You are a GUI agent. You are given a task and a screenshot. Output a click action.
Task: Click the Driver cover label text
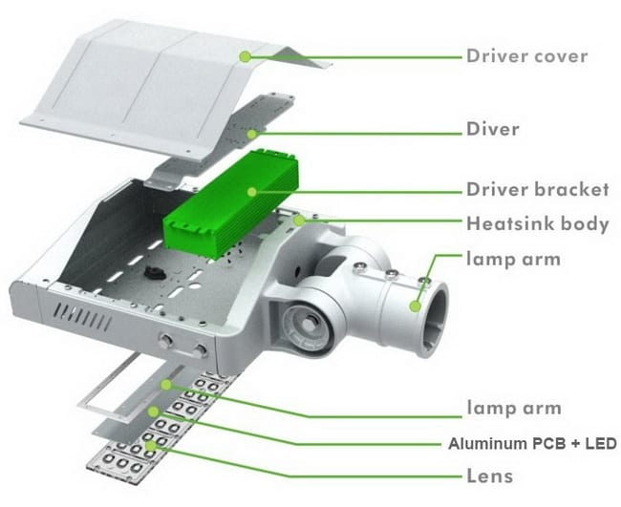(x=526, y=55)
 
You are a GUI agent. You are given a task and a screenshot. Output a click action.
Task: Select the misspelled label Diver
(x=493, y=129)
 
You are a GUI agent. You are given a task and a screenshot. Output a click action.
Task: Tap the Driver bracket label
(x=537, y=189)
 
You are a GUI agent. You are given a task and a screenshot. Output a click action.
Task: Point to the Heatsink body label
(x=537, y=224)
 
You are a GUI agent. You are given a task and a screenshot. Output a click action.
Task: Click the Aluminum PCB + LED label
(x=533, y=444)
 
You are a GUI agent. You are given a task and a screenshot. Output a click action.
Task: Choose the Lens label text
(x=490, y=475)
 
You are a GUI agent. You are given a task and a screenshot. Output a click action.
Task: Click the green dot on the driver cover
(x=246, y=56)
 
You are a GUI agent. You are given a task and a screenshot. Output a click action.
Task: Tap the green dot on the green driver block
(x=252, y=191)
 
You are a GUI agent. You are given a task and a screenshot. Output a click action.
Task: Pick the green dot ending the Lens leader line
(x=149, y=445)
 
